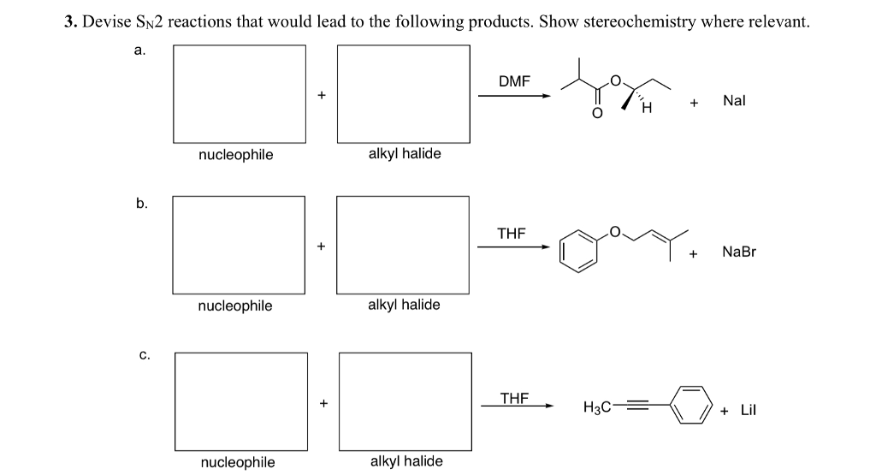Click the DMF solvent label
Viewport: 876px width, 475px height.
click(514, 81)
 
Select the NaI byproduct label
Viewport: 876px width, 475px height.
click(735, 101)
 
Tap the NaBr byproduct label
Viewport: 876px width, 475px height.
click(739, 252)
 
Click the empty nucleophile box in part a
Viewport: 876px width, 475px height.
click(240, 93)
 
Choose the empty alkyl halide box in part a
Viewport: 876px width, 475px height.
click(404, 93)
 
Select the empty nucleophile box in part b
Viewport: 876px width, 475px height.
click(239, 245)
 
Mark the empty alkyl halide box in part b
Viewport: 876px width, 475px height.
click(403, 245)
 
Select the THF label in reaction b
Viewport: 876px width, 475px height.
click(512, 233)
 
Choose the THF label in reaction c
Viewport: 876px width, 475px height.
click(514, 397)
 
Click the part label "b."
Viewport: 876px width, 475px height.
click(141, 204)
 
